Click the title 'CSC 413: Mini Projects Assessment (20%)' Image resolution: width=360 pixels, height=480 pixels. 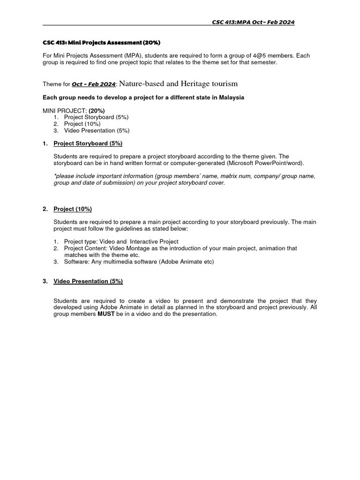[x=101, y=43]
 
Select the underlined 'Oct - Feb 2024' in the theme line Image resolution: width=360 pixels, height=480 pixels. [x=94, y=84]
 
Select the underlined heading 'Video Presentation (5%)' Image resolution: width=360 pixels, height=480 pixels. [x=88, y=281]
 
